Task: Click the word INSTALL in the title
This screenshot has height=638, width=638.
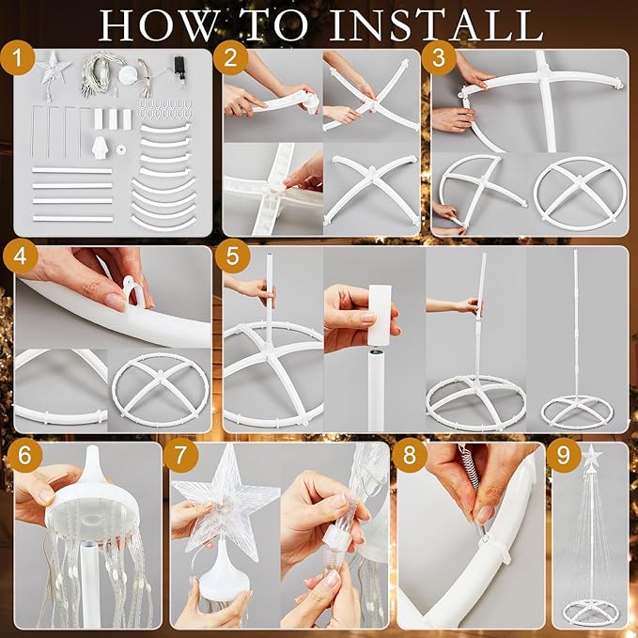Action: click(435, 24)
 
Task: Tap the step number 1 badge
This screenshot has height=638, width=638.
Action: click(18, 58)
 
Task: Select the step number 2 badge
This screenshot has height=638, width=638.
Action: click(230, 58)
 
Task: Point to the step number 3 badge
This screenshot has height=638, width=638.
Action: click(439, 58)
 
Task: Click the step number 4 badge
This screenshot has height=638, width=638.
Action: click(20, 257)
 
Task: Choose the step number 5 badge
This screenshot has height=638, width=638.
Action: click(232, 257)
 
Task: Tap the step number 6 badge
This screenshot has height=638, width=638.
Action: click(24, 456)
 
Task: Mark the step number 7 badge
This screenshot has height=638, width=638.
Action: click(180, 456)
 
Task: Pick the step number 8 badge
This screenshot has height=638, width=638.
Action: click(410, 456)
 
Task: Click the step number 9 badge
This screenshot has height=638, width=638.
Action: click(564, 456)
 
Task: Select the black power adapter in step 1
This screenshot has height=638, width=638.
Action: click(179, 66)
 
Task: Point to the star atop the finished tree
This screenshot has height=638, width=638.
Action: click(591, 455)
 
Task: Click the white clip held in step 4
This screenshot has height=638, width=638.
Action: click(133, 289)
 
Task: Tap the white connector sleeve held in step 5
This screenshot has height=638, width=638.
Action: click(381, 316)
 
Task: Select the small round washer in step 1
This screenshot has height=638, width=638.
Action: click(121, 150)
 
